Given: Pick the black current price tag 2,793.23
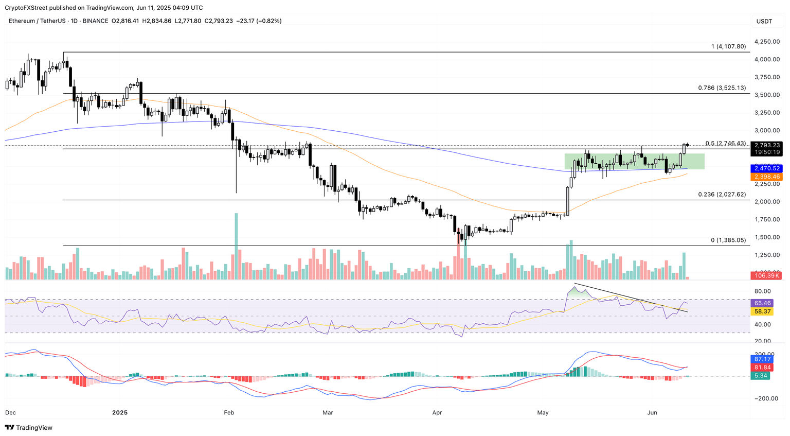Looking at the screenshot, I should click(x=767, y=145).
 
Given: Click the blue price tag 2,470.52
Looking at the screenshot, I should click(x=767, y=168).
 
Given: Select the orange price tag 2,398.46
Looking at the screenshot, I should click(x=767, y=177).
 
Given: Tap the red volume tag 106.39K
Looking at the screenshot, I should click(x=767, y=275).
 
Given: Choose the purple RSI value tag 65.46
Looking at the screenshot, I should click(x=763, y=303).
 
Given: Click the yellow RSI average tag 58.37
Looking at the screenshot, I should click(x=763, y=311).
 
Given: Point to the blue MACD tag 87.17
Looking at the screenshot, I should click(x=763, y=359).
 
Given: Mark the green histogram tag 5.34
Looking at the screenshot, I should click(x=761, y=376).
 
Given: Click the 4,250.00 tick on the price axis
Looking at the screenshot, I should click(x=766, y=42).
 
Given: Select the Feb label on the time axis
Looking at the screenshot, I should click(x=229, y=412).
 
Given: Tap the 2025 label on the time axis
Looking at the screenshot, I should click(x=119, y=412).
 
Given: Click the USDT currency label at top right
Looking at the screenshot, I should click(x=764, y=21).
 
